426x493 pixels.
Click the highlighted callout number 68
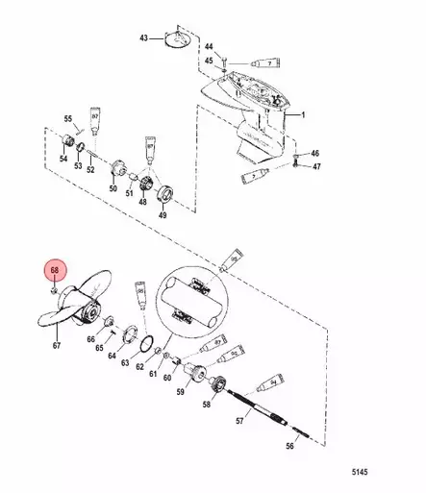(x=54, y=272)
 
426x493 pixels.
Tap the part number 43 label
(x=142, y=37)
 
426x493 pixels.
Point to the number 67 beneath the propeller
(x=56, y=345)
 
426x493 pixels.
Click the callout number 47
(x=314, y=167)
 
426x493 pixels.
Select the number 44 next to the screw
(x=210, y=45)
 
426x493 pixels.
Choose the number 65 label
(x=99, y=347)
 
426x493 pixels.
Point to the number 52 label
(x=89, y=169)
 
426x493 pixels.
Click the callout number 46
(x=314, y=154)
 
